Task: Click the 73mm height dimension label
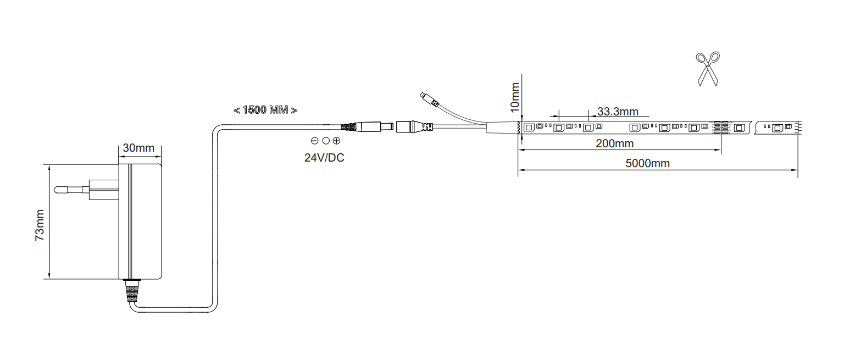point(40,225)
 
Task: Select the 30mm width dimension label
point(138,148)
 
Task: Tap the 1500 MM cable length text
point(265,110)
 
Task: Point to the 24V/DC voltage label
point(324,158)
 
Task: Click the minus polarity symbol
point(315,141)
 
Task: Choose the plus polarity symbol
point(336,141)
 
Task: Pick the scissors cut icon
point(708,69)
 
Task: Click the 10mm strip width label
point(515,98)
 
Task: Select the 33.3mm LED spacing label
point(618,112)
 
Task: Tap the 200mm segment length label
point(614,143)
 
